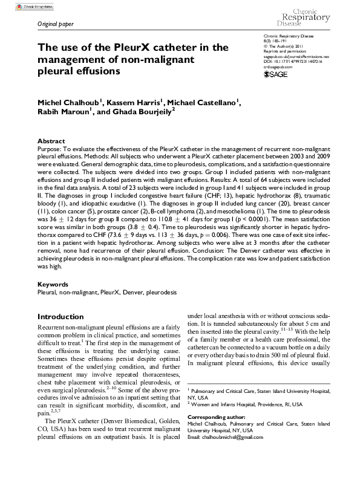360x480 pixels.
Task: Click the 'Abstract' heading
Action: click(x=51, y=140)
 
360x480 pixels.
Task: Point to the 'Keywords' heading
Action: click(x=54, y=284)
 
